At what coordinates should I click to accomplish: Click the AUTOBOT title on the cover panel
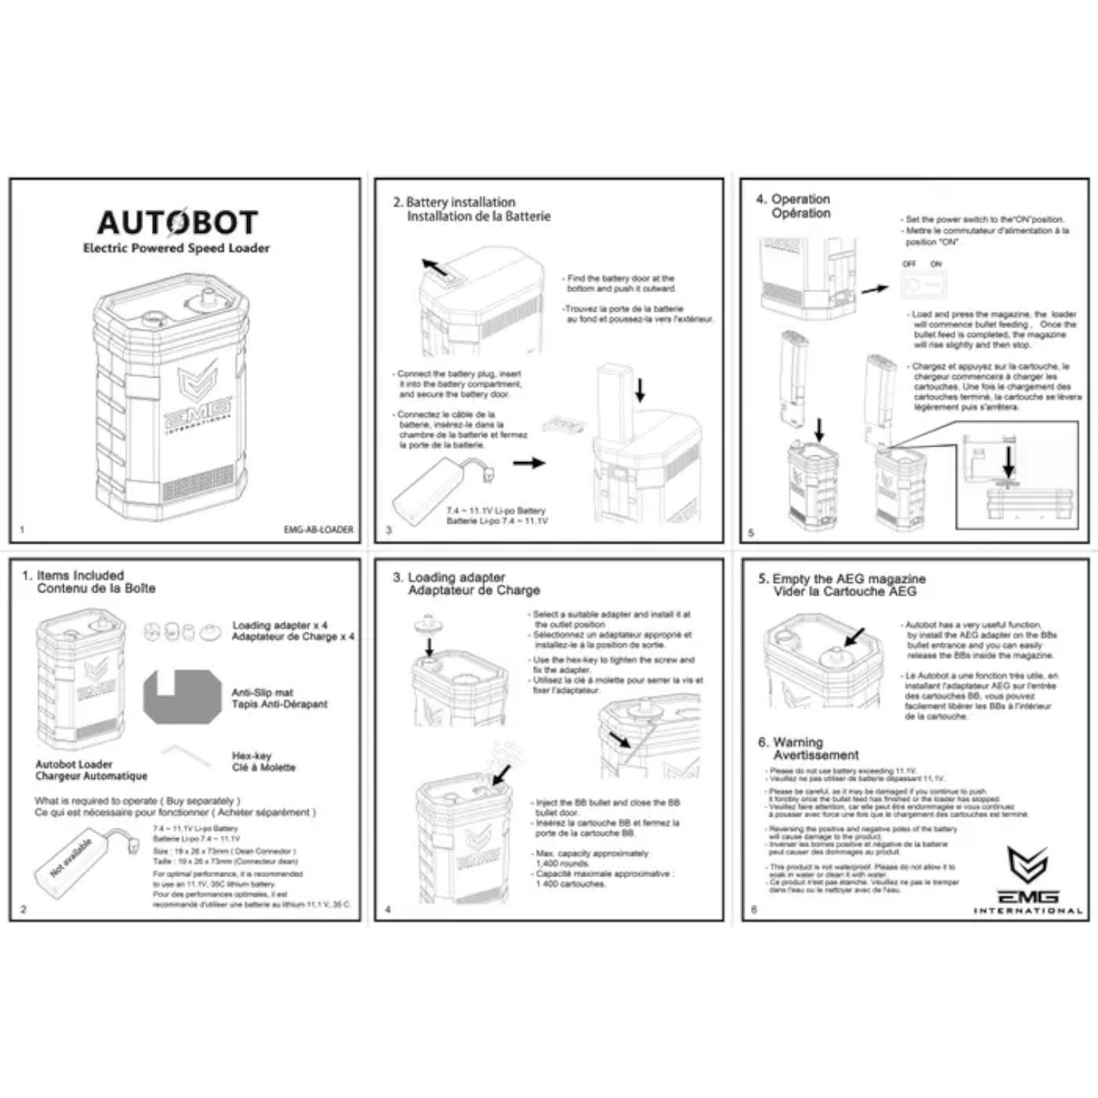pyautogui.click(x=177, y=222)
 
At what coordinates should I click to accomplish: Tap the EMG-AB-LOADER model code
pyautogui.click(x=318, y=529)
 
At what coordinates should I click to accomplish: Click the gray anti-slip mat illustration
pyautogui.click(x=182, y=697)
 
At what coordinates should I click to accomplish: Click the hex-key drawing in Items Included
pyautogui.click(x=185, y=756)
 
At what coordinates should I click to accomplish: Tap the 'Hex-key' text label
pyautogui.click(x=251, y=755)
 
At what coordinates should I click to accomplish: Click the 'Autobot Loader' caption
pyautogui.click(x=74, y=764)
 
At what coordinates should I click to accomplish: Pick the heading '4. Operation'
pyautogui.click(x=793, y=199)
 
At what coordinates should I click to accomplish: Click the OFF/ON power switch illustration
pyautogui.click(x=924, y=284)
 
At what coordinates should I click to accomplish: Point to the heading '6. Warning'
pyautogui.click(x=790, y=742)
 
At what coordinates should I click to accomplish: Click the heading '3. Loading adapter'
pyautogui.click(x=449, y=577)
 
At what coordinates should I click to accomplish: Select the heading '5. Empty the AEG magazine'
pyautogui.click(x=842, y=579)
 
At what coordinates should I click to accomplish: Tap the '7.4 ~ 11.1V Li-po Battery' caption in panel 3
pyautogui.click(x=495, y=511)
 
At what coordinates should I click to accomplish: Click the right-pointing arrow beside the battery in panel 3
pyautogui.click(x=529, y=463)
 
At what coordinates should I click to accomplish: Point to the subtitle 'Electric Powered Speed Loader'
pyautogui.click(x=176, y=248)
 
